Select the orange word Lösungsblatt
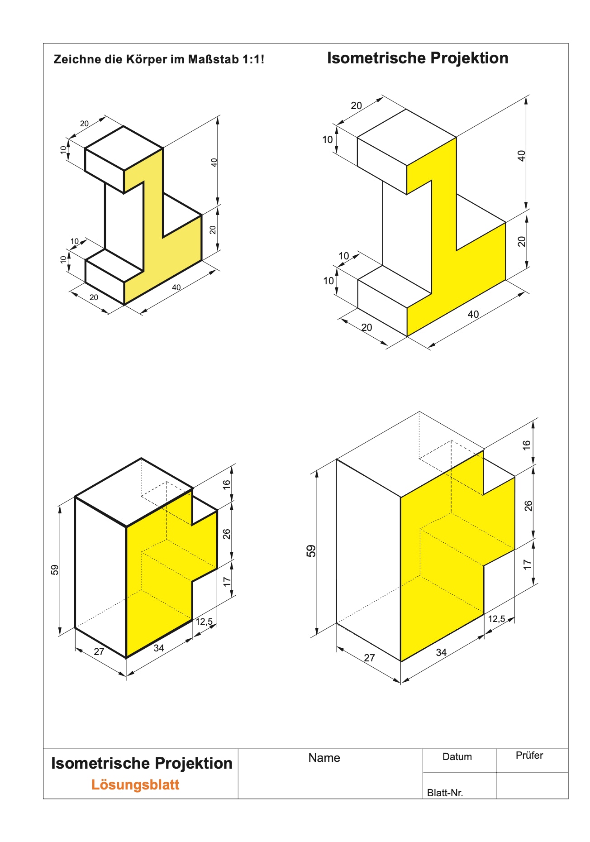click(135, 785)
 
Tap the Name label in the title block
click(324, 758)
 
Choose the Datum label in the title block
click(457, 757)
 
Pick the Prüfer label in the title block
click(529, 755)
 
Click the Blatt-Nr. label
click(445, 793)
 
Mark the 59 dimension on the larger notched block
click(311, 551)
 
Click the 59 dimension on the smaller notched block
click(55, 569)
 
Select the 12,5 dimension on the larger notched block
click(496, 619)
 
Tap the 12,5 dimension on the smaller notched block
click(204, 622)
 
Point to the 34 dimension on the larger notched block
click(441, 652)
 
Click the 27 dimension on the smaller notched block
click(99, 652)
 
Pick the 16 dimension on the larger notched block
click(527, 445)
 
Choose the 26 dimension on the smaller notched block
click(227, 534)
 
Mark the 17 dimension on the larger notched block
click(527, 565)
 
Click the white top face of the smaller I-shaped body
click(124, 148)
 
